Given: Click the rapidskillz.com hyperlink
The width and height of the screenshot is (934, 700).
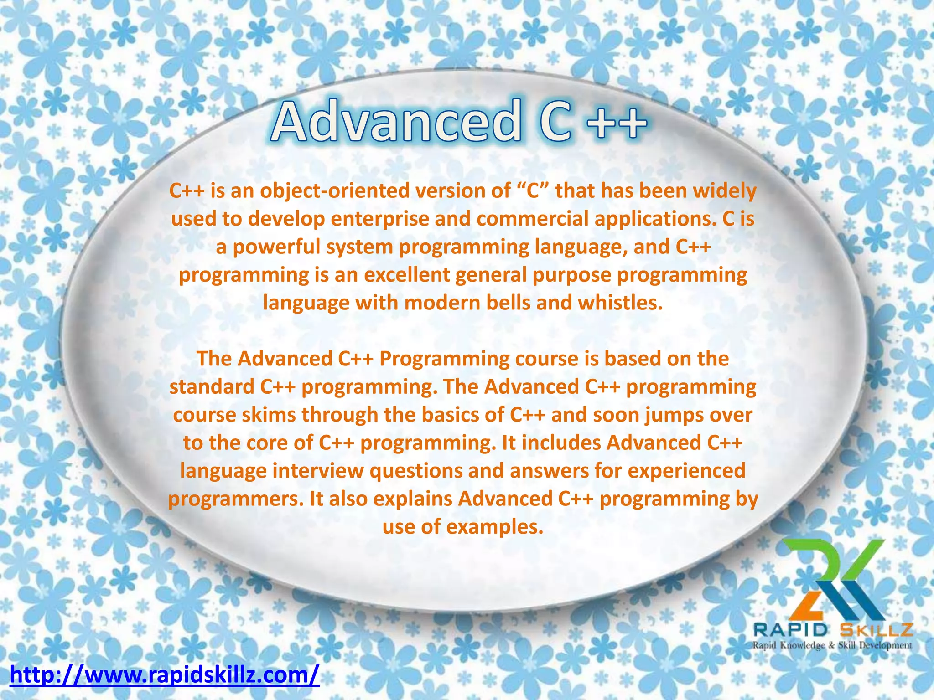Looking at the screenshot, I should pos(164,675).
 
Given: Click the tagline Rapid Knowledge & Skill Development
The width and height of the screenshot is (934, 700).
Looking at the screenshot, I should pos(832,645).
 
